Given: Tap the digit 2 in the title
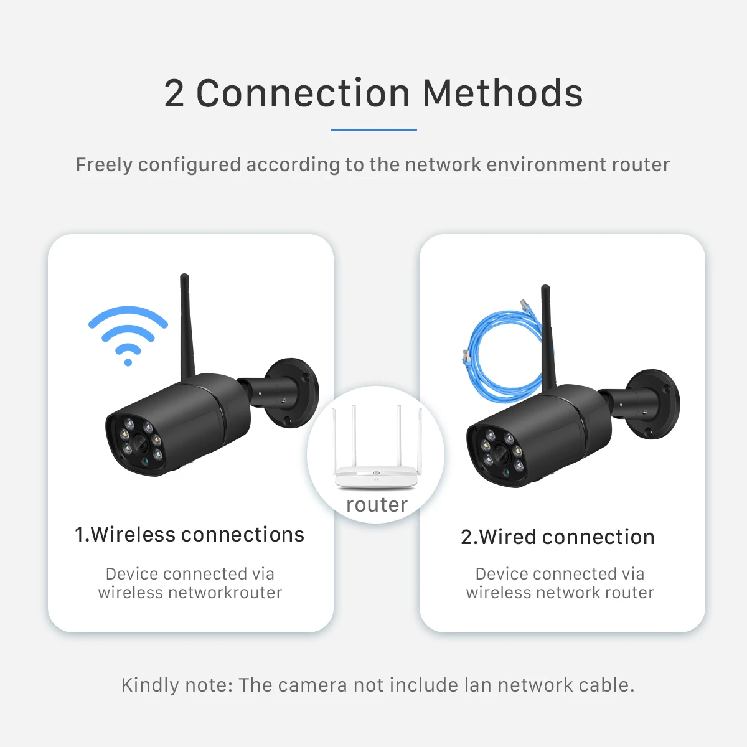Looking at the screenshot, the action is coord(174,95).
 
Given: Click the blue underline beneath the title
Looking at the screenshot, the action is coord(374,129).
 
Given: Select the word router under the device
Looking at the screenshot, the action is coord(377,505).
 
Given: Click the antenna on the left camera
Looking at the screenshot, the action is coord(186,324).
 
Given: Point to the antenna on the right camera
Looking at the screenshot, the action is coord(548,336).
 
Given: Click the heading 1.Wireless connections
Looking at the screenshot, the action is coord(190,535).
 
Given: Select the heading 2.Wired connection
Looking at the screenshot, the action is coord(558,537).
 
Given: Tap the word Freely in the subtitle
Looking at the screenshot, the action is coord(104,165).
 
